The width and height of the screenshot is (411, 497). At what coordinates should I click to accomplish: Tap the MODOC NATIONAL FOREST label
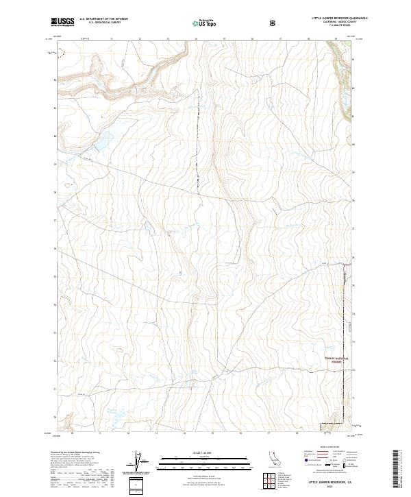pos(336,360)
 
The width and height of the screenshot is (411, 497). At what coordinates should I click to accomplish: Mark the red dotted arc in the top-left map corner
pos(62,50)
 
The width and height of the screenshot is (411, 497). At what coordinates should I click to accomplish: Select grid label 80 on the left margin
pos(55,136)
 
